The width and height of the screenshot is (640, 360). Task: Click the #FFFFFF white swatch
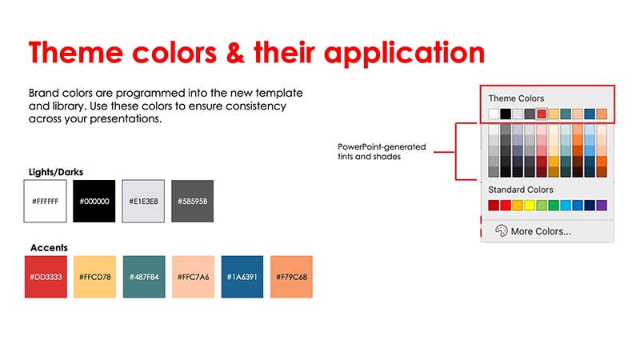pyautogui.click(x=46, y=202)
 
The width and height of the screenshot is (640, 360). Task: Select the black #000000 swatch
pyautogui.click(x=94, y=202)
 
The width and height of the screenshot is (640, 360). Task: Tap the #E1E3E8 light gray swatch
pyautogui.click(x=143, y=202)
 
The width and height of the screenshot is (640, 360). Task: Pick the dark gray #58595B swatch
pyautogui.click(x=192, y=202)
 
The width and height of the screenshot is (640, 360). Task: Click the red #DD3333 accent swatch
pyautogui.click(x=46, y=277)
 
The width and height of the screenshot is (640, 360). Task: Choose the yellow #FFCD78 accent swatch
pyautogui.click(x=94, y=277)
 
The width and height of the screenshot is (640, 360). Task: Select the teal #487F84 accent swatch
pyautogui.click(x=144, y=277)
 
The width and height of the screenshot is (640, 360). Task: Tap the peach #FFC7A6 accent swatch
pyautogui.click(x=193, y=277)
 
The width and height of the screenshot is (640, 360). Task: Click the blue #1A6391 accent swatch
pyautogui.click(x=242, y=277)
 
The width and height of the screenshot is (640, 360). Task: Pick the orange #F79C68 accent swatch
pyautogui.click(x=291, y=277)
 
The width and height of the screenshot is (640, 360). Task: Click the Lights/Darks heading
pyautogui.click(x=56, y=172)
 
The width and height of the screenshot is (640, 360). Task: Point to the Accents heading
pyautogui.click(x=49, y=248)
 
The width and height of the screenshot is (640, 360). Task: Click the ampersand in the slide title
pyautogui.click(x=235, y=53)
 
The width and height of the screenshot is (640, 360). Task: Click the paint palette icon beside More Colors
pyautogui.click(x=502, y=231)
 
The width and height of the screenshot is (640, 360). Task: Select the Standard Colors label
pyautogui.click(x=521, y=190)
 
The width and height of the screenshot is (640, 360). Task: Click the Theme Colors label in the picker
pyautogui.click(x=516, y=98)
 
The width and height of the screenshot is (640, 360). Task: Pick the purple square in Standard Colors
pyautogui.click(x=602, y=205)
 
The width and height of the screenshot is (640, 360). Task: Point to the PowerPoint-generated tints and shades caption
pyautogui.click(x=382, y=151)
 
